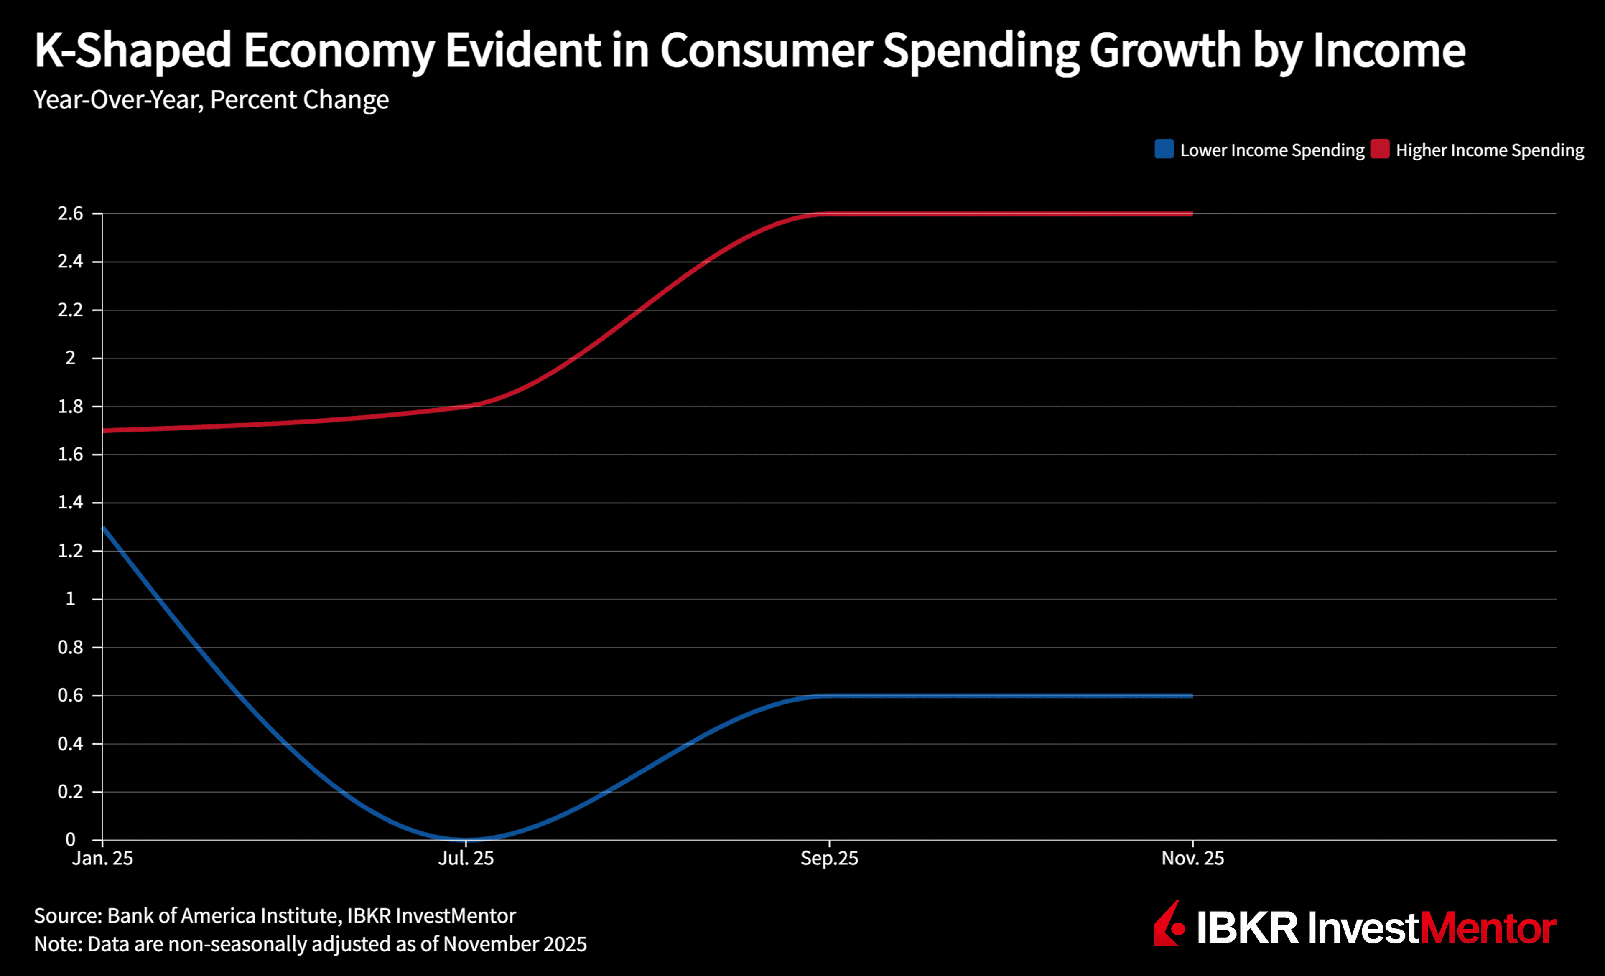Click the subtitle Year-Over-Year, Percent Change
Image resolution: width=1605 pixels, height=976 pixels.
[x=211, y=99]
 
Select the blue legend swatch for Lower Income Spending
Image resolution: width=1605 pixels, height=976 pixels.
[x=1164, y=149]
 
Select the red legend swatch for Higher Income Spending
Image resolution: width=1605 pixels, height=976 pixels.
[x=1380, y=149]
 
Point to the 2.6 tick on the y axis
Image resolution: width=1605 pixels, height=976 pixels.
[x=70, y=213]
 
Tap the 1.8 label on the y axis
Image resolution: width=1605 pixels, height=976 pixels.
[x=70, y=406]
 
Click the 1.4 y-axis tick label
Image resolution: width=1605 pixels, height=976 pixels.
[x=70, y=503]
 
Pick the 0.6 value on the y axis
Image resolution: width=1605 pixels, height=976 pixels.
[x=70, y=695]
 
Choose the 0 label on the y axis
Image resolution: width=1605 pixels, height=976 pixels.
[x=70, y=840]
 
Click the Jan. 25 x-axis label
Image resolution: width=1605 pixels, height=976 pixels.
[x=102, y=858]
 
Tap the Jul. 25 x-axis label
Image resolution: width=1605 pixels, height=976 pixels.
[x=466, y=858]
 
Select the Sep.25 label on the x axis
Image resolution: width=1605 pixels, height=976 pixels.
[x=829, y=858]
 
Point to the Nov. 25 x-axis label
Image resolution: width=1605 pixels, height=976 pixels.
[x=1193, y=858]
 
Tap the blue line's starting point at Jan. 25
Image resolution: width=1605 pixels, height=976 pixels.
[x=104, y=527]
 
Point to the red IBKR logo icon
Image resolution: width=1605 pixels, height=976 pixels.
[x=1169, y=925]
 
